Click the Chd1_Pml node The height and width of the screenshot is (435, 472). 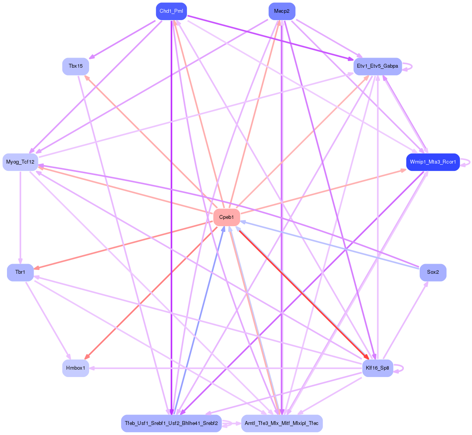(171, 11)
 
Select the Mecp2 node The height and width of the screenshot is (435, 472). (281, 11)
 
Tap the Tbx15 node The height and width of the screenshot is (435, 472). (76, 66)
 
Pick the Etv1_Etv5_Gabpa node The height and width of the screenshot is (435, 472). (377, 66)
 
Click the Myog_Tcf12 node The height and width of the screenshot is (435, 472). (20, 162)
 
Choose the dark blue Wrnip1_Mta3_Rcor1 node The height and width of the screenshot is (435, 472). (433, 162)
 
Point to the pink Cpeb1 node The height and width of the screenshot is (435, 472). (227, 217)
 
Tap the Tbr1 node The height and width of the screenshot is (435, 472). (20, 273)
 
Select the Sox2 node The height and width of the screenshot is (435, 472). (433, 272)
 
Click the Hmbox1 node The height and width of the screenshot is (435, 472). (76, 368)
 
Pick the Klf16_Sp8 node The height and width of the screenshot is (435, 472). (377, 368)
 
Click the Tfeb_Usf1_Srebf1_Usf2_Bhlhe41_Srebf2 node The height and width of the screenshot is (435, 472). (171, 423)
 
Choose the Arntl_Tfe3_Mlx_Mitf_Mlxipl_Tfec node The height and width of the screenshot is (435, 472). (281, 423)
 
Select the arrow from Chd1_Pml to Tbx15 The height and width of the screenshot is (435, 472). (124, 39)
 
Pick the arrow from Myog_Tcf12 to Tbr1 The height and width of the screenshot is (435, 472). (20, 217)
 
